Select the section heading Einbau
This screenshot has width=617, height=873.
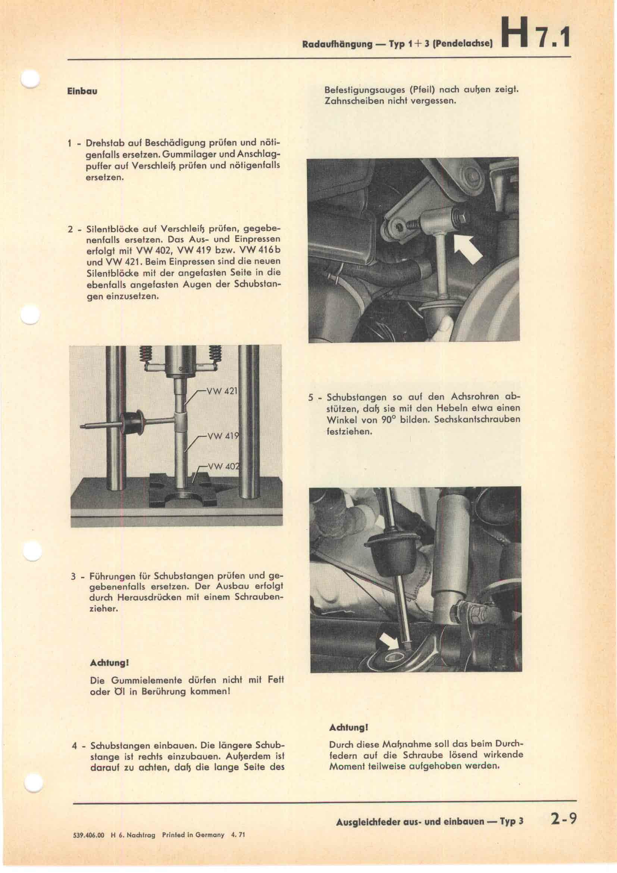pos(82,92)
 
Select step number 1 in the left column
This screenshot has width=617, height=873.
pos(69,144)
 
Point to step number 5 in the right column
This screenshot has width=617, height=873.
pos(311,398)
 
